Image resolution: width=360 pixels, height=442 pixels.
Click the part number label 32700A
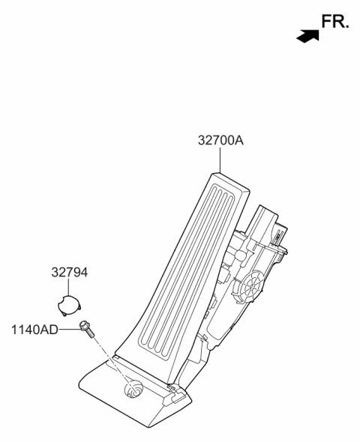click(x=220, y=140)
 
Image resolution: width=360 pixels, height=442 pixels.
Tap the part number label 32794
click(x=70, y=273)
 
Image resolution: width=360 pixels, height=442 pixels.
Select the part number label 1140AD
click(x=34, y=330)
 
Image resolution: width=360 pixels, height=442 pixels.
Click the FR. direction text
click(x=335, y=22)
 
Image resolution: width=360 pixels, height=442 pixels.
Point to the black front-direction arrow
click(x=307, y=36)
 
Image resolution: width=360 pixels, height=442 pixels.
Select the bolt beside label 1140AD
click(x=87, y=329)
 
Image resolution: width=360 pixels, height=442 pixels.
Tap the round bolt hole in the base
click(x=133, y=389)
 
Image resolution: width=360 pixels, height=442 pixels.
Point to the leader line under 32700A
click(x=220, y=160)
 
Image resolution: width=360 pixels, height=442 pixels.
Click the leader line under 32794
click(x=68, y=287)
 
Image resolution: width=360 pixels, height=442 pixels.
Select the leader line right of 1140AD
click(x=69, y=329)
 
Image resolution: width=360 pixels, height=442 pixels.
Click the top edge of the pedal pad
click(x=231, y=181)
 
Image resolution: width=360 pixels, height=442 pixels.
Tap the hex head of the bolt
click(x=84, y=325)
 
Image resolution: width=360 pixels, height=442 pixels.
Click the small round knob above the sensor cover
click(x=240, y=255)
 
